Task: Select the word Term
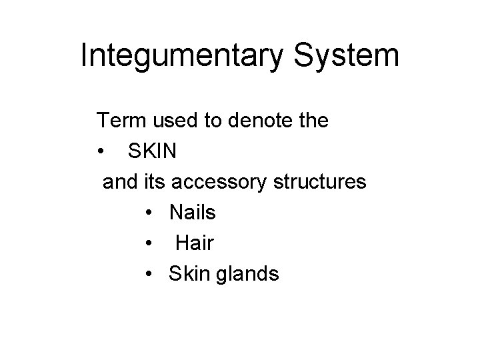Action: pyautogui.click(x=121, y=121)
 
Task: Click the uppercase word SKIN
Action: pyautogui.click(x=152, y=151)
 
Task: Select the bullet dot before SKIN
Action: pyautogui.click(x=100, y=152)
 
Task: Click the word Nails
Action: pyautogui.click(x=193, y=213)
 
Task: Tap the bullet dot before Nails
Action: pyautogui.click(x=148, y=213)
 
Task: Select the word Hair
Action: pyautogui.click(x=195, y=243)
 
